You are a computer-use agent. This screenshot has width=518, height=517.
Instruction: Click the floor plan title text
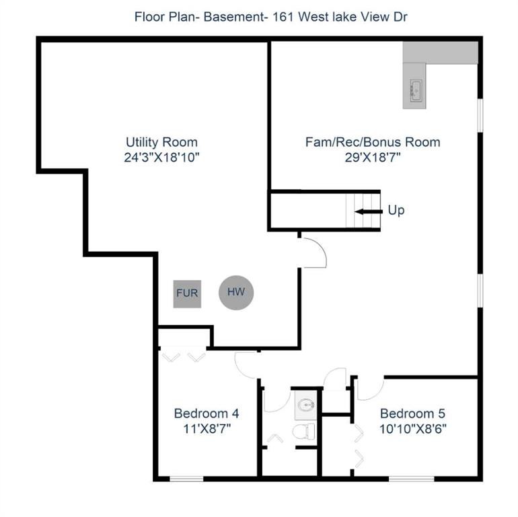tap(259, 15)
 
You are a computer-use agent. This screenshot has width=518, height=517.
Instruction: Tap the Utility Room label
tap(161, 142)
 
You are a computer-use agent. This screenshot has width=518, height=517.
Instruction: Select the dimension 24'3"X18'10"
tap(161, 158)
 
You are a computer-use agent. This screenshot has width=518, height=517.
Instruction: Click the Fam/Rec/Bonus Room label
tap(373, 142)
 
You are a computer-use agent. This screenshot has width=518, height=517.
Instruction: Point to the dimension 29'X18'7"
tap(373, 158)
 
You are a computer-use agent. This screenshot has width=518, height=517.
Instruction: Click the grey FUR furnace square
tap(187, 294)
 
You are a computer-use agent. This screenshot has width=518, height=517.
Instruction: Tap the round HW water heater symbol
tap(235, 292)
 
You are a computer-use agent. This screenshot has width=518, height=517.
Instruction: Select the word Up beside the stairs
tap(396, 211)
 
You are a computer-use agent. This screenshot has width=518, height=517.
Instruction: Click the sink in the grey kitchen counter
tap(414, 88)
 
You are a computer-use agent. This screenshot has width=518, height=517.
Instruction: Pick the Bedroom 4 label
tap(207, 413)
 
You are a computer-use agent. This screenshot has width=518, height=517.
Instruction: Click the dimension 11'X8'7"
tap(207, 428)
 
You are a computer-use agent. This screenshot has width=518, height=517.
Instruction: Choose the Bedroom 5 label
tap(412, 413)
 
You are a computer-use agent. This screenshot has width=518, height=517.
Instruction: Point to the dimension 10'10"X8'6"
tap(412, 428)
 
